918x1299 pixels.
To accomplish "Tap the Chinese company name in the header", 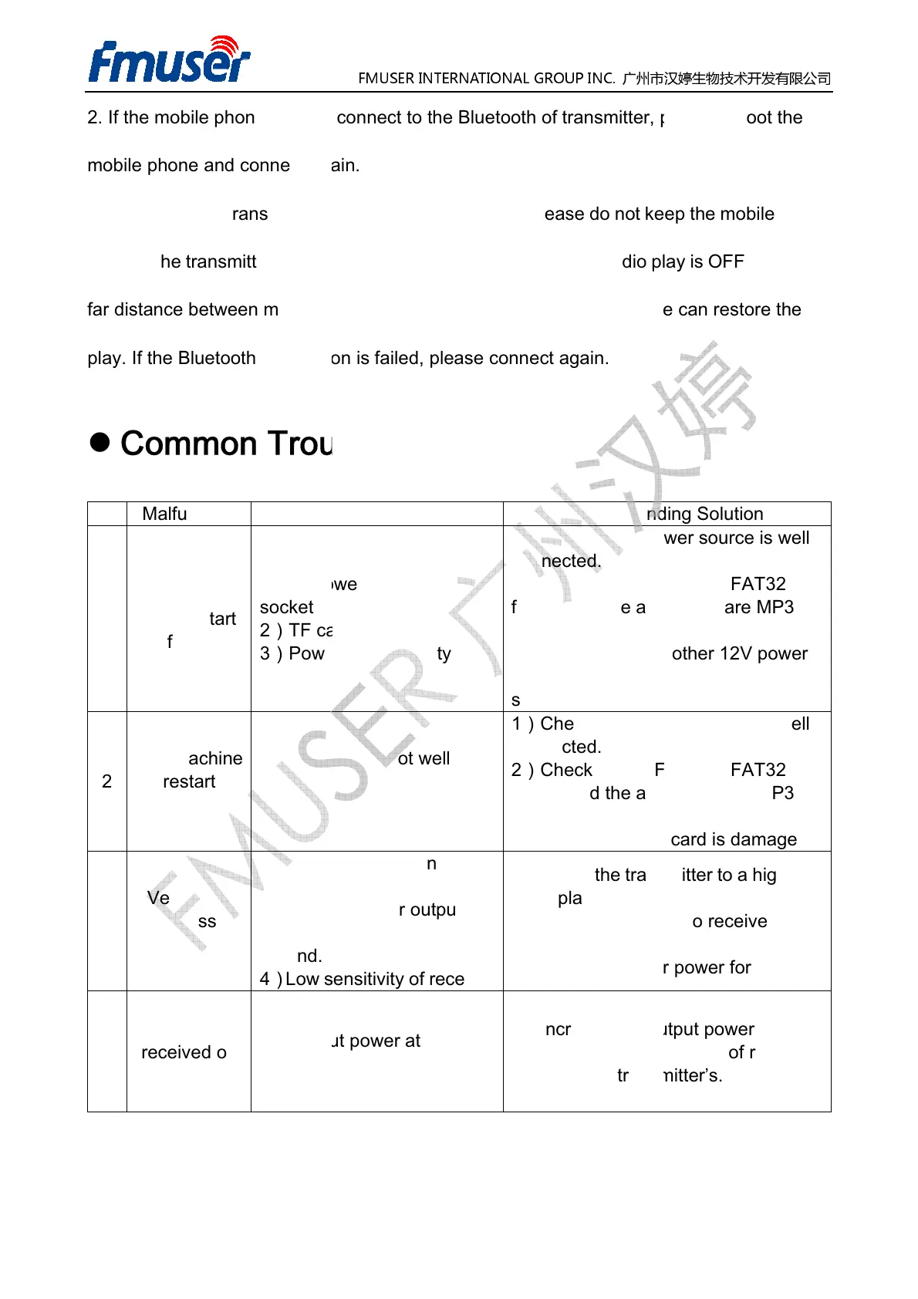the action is (x=726, y=78).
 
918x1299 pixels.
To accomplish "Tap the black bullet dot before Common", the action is (x=100, y=442).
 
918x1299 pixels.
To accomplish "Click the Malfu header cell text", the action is (x=164, y=514).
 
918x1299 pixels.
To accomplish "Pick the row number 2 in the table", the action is (x=106, y=781).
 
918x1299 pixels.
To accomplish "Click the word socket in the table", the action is (x=286, y=607).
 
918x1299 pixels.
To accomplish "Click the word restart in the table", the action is (x=189, y=781).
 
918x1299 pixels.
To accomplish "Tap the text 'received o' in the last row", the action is (x=184, y=1052).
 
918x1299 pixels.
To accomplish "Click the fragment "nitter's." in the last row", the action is (x=693, y=1075).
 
